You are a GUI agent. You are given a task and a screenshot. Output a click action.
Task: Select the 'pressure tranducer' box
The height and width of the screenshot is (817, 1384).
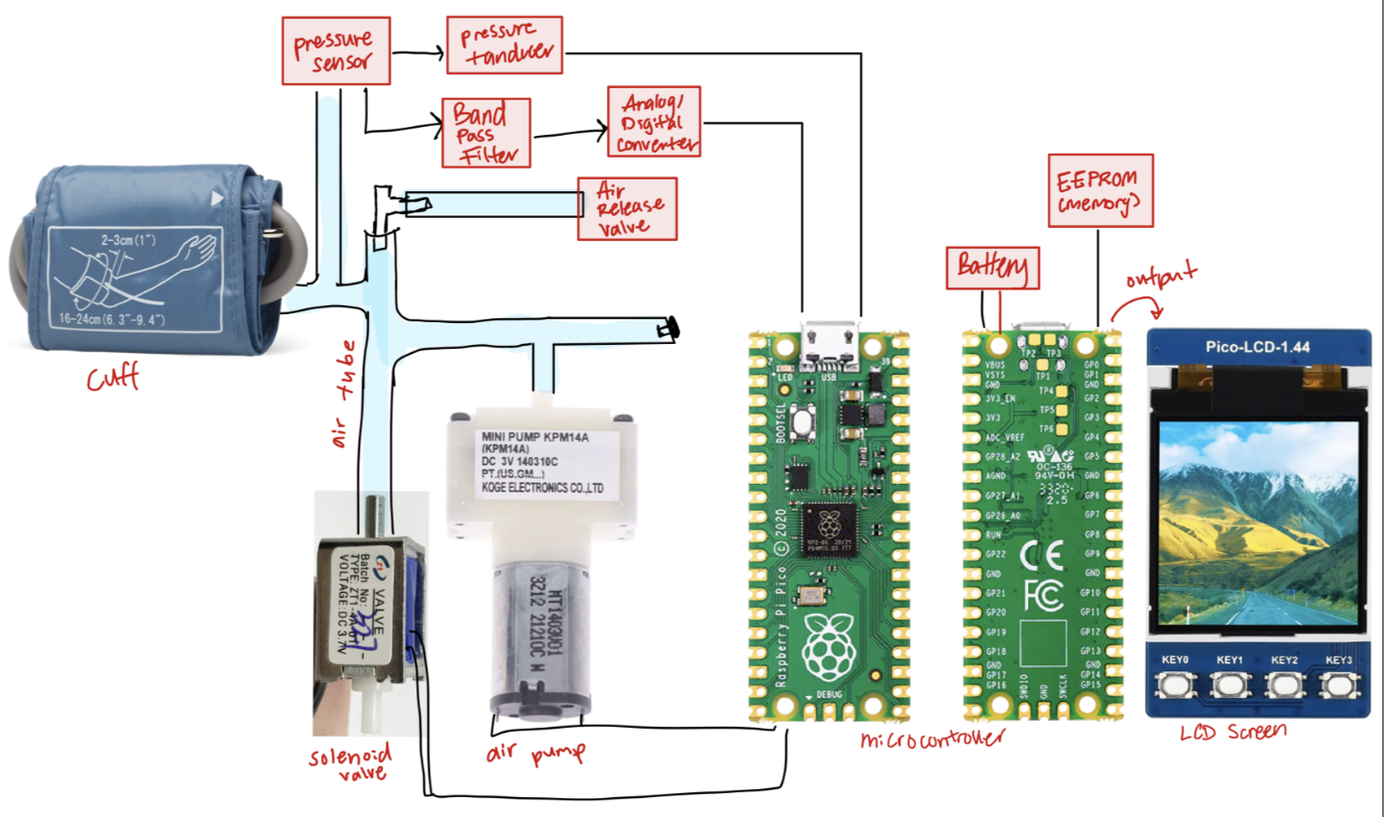pos(504,45)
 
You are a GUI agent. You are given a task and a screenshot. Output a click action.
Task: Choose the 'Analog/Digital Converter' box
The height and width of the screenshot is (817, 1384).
pos(656,121)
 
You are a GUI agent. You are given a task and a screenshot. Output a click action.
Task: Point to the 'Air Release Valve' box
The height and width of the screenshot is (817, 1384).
pos(628,208)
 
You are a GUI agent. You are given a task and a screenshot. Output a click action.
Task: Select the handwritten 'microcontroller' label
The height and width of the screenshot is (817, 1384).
pos(931,739)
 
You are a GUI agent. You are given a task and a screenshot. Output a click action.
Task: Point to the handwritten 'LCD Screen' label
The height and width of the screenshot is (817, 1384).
pos(1233,732)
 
